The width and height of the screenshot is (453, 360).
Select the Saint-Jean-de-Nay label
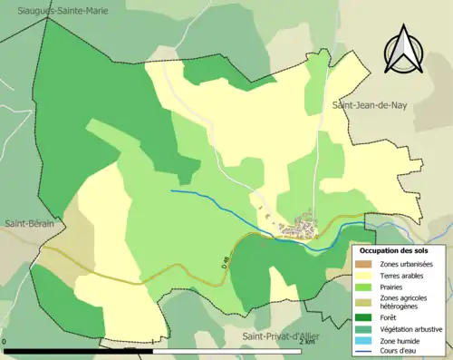pyautogui.click(x=370, y=105)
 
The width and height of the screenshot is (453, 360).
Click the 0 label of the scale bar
pyautogui.click(x=5, y=342)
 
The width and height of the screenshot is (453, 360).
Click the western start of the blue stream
pyautogui.click(x=172, y=190)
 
